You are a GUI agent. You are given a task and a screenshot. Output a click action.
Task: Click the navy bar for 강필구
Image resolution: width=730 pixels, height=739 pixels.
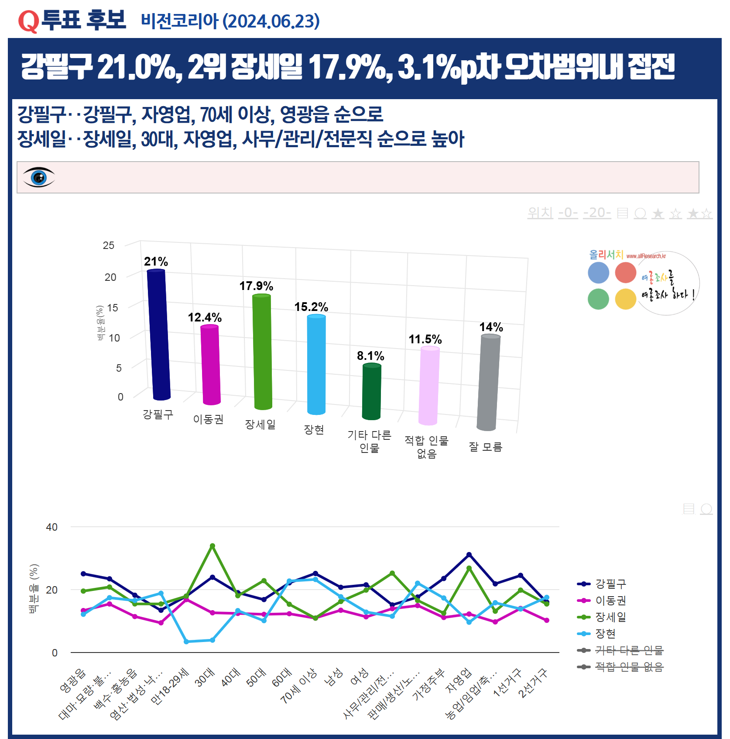click(158, 335)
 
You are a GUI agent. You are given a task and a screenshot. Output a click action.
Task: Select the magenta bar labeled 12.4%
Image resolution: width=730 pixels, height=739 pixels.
click(210, 365)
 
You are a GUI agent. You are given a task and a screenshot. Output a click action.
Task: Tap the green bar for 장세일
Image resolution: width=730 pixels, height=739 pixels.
click(262, 352)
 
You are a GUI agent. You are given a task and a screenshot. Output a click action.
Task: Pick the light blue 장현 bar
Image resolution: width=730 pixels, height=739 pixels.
click(316, 364)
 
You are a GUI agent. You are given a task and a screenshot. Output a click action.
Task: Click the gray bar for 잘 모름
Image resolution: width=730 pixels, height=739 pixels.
click(489, 383)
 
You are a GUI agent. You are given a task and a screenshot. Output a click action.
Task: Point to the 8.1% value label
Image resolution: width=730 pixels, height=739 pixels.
click(370, 356)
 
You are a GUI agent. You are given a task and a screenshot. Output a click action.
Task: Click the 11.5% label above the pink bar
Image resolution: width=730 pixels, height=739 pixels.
click(425, 339)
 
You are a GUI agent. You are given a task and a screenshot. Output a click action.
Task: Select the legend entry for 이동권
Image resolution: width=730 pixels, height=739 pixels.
click(610, 601)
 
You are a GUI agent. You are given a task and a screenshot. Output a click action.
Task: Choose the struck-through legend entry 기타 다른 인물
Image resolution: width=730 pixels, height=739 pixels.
click(629, 650)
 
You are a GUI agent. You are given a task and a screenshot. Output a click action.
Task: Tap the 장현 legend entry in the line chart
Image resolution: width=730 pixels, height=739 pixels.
click(605, 634)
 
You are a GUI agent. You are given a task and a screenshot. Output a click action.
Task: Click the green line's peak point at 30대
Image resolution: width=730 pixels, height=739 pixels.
click(212, 546)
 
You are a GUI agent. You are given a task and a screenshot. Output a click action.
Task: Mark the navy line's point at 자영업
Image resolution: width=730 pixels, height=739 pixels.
click(469, 555)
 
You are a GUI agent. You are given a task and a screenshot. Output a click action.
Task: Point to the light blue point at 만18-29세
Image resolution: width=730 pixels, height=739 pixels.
click(186, 642)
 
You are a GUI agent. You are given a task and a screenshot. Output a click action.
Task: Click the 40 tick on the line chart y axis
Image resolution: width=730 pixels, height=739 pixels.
click(51, 527)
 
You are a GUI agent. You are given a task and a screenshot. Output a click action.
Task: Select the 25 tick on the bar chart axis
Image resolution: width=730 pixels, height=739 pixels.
click(109, 245)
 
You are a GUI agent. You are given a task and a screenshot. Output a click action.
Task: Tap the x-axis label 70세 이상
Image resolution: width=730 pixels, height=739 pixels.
click(299, 686)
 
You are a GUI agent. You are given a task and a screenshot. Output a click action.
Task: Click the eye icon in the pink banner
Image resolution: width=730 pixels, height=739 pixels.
click(39, 177)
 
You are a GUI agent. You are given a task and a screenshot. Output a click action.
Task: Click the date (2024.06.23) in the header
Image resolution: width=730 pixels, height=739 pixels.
click(271, 21)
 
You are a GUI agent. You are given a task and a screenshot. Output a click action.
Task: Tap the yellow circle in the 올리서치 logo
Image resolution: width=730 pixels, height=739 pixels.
click(625, 299)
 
